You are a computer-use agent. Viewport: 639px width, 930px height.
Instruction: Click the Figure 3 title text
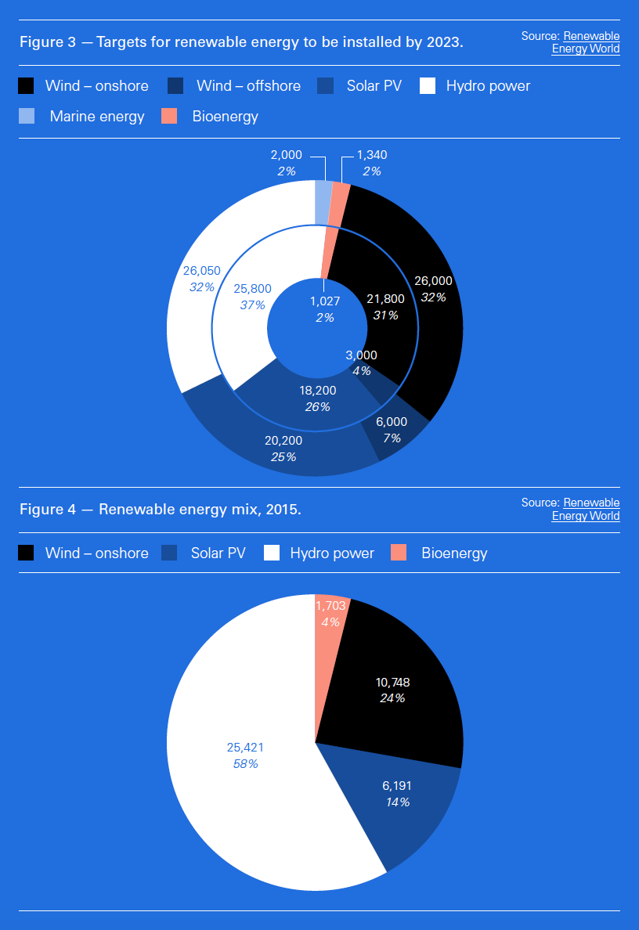[x=241, y=42]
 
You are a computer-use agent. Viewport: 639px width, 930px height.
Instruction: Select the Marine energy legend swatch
[x=27, y=117]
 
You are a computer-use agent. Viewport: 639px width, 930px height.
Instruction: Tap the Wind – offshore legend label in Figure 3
[x=248, y=86]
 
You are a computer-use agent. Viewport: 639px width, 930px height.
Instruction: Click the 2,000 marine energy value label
[x=286, y=155]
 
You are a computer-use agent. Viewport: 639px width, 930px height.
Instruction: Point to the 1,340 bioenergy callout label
[x=371, y=155]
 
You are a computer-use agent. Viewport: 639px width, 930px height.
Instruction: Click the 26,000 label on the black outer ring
[x=432, y=281]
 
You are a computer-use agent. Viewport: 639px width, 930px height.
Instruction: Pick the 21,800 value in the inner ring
[x=385, y=299]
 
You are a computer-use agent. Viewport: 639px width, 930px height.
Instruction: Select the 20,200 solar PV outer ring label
[x=283, y=441]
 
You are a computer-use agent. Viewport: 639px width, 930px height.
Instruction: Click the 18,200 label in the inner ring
[x=317, y=391]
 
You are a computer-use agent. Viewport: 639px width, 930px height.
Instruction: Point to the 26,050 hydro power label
[x=201, y=271]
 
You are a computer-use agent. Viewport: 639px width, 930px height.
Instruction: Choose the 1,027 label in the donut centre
[x=324, y=301]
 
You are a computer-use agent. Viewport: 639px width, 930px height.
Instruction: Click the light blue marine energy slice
[x=323, y=201]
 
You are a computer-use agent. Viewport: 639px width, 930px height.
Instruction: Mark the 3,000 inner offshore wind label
[x=361, y=355]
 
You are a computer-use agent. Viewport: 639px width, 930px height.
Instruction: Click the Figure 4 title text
[x=160, y=510]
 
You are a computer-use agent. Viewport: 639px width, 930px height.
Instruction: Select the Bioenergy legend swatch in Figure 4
[x=399, y=553]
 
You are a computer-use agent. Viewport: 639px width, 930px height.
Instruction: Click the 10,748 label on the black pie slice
[x=392, y=682]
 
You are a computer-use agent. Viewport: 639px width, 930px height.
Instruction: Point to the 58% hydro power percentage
[x=245, y=764]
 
